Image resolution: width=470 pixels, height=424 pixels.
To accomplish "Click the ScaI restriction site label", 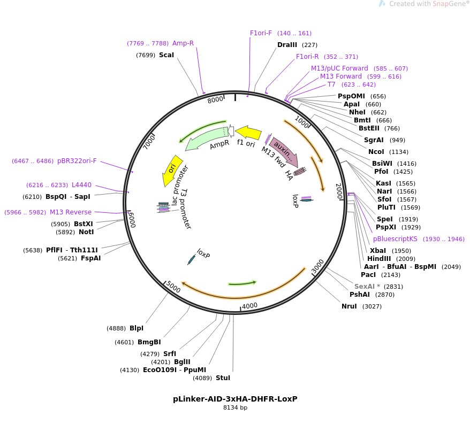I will (166, 55).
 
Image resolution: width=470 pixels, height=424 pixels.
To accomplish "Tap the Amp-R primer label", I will (183, 43).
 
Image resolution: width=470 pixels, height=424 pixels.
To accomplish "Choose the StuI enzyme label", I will (223, 378).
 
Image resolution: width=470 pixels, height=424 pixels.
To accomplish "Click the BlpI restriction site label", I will (137, 328).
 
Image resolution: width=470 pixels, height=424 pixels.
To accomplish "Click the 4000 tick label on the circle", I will (250, 306).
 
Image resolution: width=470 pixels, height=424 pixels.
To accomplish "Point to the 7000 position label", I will (150, 142).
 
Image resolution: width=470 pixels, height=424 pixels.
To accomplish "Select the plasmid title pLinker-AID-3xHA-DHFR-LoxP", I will (235, 399).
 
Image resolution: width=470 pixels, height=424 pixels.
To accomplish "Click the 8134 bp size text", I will (235, 408).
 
